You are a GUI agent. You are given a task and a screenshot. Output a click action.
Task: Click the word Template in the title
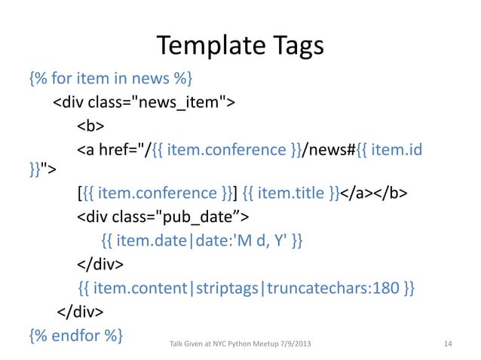click(201, 47)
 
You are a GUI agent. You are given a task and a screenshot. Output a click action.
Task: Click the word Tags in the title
click(295, 47)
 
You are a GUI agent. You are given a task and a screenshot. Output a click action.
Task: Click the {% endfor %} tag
click(75, 333)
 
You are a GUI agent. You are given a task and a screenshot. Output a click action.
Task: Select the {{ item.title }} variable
click(293, 194)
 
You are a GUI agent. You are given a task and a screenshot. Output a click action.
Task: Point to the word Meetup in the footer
click(264, 344)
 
